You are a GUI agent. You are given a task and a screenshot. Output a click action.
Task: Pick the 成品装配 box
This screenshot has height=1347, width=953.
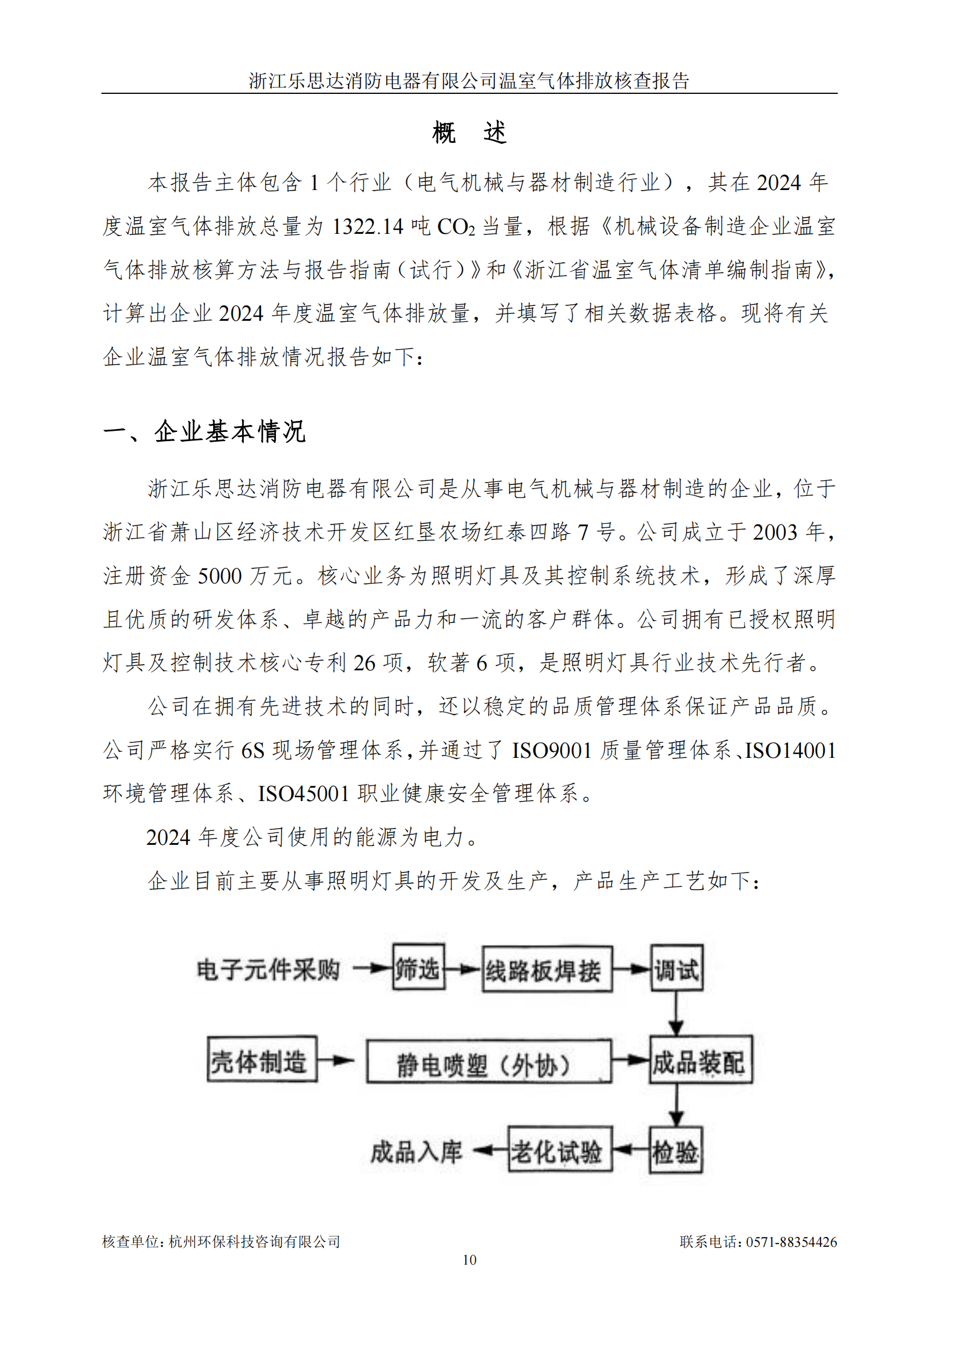point(700,1061)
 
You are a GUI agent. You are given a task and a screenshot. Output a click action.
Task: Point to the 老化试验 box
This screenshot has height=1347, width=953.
point(560,1151)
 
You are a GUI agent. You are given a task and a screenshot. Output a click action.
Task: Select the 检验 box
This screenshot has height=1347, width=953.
point(675,1152)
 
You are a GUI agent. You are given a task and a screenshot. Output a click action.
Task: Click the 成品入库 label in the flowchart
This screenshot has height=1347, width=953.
point(416,1152)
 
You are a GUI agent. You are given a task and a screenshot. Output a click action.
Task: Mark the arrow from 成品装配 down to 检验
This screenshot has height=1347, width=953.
point(676,1105)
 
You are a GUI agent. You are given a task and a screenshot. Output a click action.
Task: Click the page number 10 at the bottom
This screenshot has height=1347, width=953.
point(470,1259)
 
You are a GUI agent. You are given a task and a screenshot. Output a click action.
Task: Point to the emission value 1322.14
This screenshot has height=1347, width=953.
point(368,226)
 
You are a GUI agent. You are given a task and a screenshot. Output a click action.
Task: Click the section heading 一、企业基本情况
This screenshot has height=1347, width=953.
point(204,432)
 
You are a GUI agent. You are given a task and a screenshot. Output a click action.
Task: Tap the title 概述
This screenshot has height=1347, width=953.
point(469,132)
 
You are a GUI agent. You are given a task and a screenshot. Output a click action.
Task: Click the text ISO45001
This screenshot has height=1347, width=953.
point(304,794)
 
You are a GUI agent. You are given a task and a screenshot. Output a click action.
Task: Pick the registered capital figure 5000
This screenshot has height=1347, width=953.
point(220,575)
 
